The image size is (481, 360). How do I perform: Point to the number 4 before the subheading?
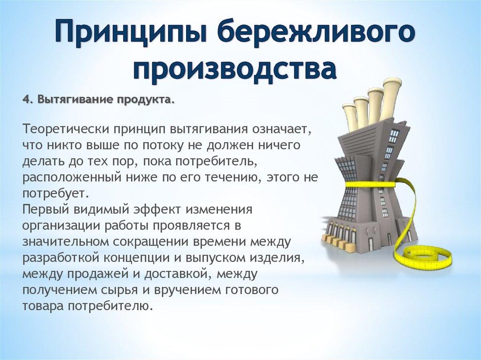pos(25,100)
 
